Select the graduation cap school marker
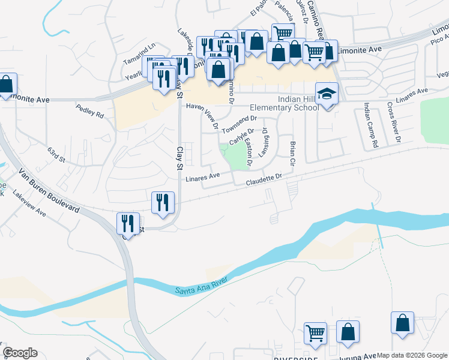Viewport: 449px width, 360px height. point(327,94)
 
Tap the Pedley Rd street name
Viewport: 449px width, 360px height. point(90,110)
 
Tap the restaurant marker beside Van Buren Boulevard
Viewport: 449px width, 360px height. point(128,224)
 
